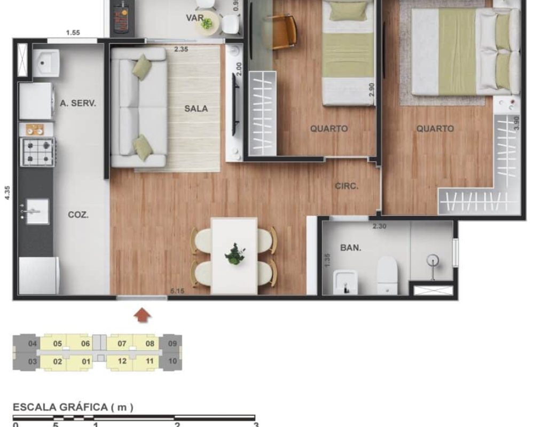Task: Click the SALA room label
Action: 196,108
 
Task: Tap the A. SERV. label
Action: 78,104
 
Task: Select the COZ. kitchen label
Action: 78,215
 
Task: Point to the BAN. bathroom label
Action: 350,248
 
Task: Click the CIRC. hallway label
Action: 347,186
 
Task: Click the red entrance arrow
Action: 142,315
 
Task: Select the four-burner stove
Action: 37,152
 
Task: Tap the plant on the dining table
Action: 234,254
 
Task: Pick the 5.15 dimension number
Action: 177,291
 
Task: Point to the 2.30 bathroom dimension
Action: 379,226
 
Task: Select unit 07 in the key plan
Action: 122,343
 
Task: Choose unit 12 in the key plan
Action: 122,361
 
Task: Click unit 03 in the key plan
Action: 33,361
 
